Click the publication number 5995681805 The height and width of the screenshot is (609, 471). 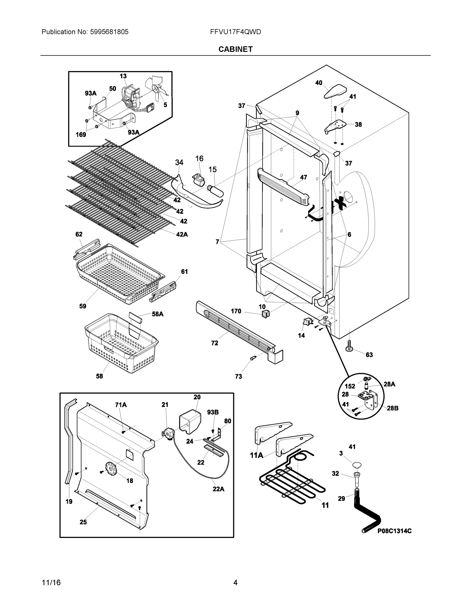tap(109, 32)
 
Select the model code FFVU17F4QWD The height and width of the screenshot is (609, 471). tap(236, 32)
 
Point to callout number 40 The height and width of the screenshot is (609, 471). tap(319, 83)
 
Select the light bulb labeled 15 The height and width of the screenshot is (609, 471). tap(215, 191)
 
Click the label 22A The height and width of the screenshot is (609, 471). tap(218, 489)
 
